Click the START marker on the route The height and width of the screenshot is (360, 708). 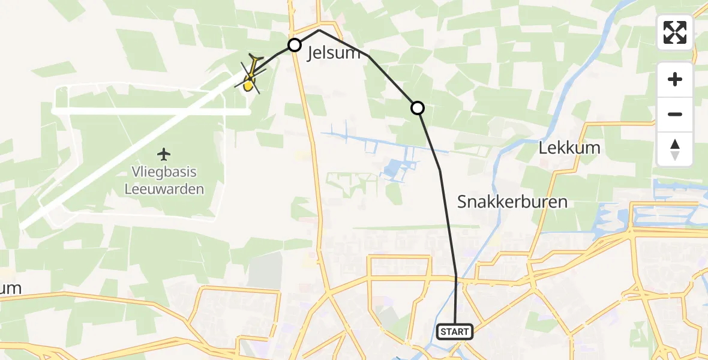point(455,331)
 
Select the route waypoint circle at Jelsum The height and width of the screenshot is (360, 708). point(295,45)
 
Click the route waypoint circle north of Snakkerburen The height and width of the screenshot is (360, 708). point(418,108)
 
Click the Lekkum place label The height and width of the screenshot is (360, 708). point(569,148)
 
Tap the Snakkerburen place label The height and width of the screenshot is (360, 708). point(512,202)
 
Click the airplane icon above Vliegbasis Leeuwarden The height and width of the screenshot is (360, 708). point(164,154)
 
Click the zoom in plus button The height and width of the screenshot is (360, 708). point(675,79)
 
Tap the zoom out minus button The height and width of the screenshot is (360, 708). point(675,114)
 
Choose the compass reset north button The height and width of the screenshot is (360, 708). point(675,149)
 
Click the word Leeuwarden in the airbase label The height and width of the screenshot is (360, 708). point(169,190)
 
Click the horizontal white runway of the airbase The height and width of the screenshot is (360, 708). point(150,111)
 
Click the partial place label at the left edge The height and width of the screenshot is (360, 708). point(11,288)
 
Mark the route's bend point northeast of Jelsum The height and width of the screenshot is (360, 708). point(319,30)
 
